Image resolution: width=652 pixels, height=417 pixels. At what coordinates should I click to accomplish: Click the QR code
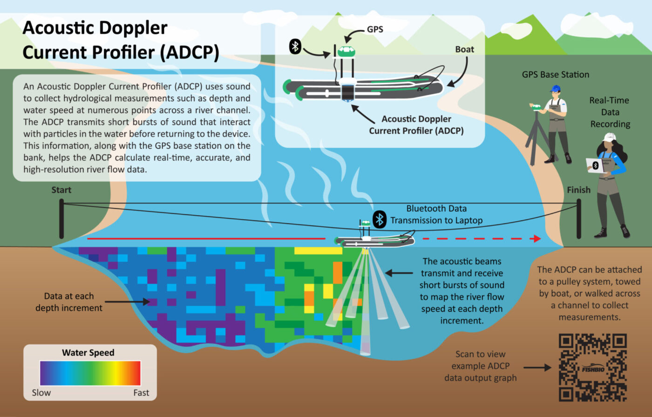pyautogui.click(x=592, y=367)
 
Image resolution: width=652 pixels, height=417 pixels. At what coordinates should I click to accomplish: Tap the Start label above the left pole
pyautogui.click(x=61, y=190)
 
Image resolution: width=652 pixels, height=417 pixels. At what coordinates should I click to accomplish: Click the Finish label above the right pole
pyautogui.click(x=578, y=190)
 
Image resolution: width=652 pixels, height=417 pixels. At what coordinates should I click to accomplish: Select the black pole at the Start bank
pyautogui.click(x=61, y=219)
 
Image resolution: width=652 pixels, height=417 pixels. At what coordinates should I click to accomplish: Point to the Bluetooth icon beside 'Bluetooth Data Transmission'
pyautogui.click(x=380, y=219)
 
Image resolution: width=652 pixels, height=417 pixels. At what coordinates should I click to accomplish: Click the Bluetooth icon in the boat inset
pyautogui.click(x=295, y=47)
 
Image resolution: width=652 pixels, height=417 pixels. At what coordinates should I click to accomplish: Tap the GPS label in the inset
pyautogui.click(x=375, y=29)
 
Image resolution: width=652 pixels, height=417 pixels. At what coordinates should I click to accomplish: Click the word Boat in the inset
pyautogui.click(x=464, y=49)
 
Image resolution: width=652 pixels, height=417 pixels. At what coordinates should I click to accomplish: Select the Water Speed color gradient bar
pyautogui.click(x=90, y=373)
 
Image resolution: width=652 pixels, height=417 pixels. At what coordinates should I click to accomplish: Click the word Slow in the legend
pyautogui.click(x=41, y=393)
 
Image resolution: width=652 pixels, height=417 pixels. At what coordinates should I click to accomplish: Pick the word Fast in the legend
pyautogui.click(x=141, y=393)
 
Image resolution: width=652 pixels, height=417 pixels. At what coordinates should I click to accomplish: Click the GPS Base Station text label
pyautogui.click(x=555, y=75)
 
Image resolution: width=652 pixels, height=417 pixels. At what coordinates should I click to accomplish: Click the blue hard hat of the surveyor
pyautogui.click(x=555, y=88)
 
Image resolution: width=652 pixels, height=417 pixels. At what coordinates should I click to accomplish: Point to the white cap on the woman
pyautogui.click(x=609, y=137)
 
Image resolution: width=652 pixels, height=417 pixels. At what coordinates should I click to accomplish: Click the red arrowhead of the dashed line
pyautogui.click(x=537, y=239)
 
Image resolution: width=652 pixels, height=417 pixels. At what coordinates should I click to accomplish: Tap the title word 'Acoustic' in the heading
pyautogui.click(x=56, y=28)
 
